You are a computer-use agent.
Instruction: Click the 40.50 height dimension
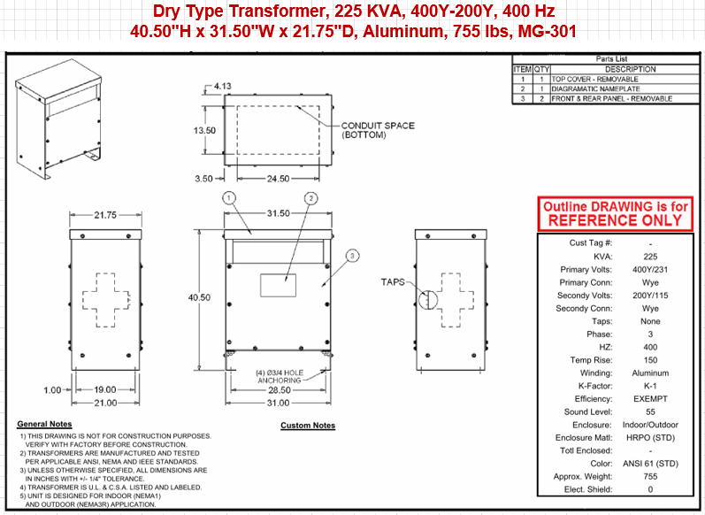(199, 297)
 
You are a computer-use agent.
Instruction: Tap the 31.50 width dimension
(279, 213)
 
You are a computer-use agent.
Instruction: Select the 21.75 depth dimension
(105, 215)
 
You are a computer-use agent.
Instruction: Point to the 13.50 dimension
(204, 130)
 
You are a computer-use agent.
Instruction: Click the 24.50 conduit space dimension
(279, 179)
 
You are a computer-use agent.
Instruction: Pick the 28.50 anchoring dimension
(280, 390)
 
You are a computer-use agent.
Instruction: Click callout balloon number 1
(229, 198)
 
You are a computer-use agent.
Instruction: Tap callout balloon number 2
(310, 198)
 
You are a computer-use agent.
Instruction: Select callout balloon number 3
(352, 256)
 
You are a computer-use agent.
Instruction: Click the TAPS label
(393, 282)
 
